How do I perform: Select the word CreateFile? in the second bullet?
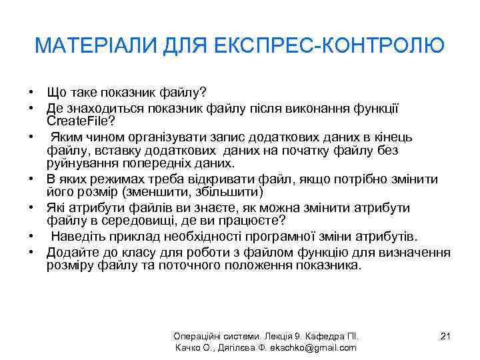click(81, 121)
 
